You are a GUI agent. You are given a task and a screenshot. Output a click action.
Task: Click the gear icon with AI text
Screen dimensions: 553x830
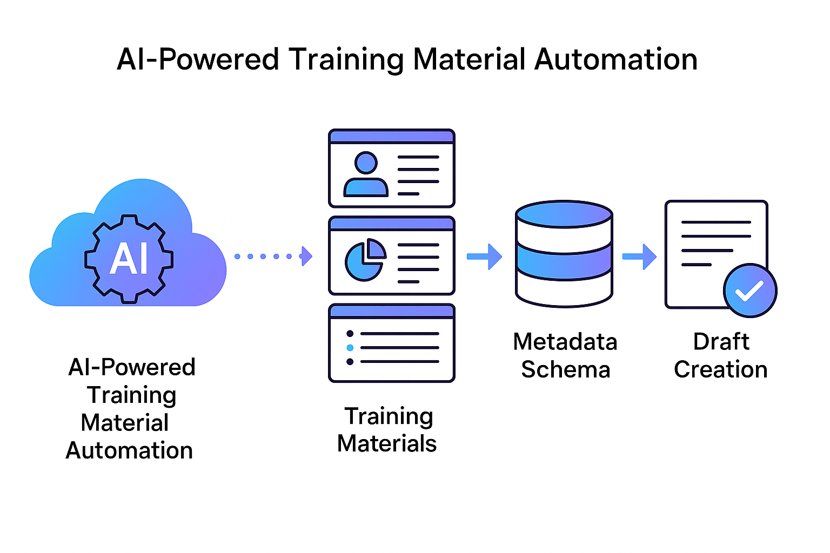(129, 258)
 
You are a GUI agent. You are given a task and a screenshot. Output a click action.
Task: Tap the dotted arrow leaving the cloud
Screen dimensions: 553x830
(273, 256)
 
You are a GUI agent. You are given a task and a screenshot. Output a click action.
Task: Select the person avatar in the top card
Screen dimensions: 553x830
(366, 174)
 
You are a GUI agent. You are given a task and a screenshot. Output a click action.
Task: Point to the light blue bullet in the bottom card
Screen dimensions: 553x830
(350, 348)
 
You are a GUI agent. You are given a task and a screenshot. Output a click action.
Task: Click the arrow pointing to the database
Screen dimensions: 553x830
(484, 257)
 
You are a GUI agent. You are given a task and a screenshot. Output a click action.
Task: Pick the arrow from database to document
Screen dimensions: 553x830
(639, 257)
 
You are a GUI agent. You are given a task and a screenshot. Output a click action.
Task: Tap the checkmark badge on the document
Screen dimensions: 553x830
(750, 291)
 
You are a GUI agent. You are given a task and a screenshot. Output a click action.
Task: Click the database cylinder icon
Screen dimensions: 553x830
(564, 254)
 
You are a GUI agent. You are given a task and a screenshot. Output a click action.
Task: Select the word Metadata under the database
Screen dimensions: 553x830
(565, 342)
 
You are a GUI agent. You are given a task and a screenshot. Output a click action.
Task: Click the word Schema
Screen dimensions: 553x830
(565, 370)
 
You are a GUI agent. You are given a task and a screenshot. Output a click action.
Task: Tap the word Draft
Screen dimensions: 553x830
(721, 342)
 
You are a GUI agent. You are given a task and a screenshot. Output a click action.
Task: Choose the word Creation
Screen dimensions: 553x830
(721, 370)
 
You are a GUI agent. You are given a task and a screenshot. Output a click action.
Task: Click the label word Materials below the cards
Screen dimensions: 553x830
(387, 444)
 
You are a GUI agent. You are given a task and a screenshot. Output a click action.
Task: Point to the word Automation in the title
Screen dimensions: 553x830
(616, 59)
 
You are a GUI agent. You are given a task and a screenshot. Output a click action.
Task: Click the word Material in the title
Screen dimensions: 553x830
(469, 59)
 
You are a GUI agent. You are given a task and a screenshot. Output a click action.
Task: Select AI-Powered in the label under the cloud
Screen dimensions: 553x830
(132, 367)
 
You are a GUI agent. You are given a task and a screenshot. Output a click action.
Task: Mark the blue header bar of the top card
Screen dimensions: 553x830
(392, 137)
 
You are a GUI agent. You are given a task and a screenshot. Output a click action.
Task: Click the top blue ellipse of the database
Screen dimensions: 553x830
(564, 214)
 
